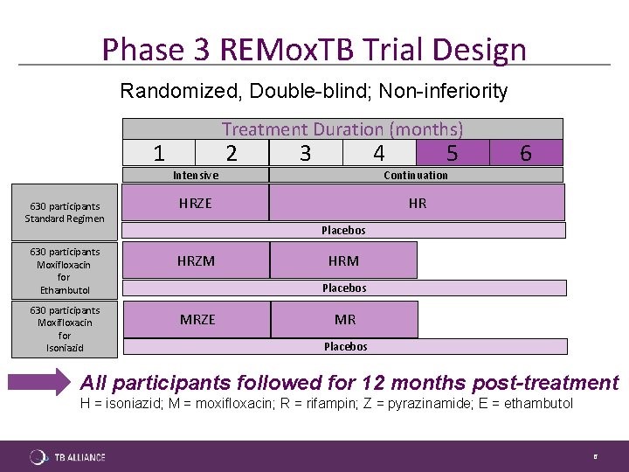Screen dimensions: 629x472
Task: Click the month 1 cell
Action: point(159,152)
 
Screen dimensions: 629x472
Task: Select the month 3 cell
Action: point(306,152)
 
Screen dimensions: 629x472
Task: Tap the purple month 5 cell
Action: point(453,152)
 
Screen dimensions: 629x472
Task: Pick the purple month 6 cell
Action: point(526,152)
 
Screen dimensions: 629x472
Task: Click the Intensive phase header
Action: point(196,175)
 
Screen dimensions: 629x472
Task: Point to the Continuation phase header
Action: point(416,175)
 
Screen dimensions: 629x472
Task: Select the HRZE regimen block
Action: point(196,203)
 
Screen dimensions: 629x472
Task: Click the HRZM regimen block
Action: point(197,260)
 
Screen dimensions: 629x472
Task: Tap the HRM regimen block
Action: point(344,260)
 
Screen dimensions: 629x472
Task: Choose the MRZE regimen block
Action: point(197,320)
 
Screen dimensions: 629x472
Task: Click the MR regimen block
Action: point(344,320)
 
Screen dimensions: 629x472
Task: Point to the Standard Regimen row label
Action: point(65,212)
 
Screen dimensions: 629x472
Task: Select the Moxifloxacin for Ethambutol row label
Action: point(65,271)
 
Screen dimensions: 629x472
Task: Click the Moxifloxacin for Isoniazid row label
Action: point(65,330)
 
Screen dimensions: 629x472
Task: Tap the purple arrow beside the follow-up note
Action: point(39,382)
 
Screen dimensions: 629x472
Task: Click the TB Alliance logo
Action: point(67,457)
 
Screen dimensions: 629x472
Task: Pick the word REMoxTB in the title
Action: point(287,49)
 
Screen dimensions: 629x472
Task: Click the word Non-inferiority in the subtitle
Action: point(443,91)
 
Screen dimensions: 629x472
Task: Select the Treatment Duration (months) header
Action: point(342,129)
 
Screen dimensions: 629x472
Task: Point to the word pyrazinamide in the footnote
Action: point(430,403)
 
